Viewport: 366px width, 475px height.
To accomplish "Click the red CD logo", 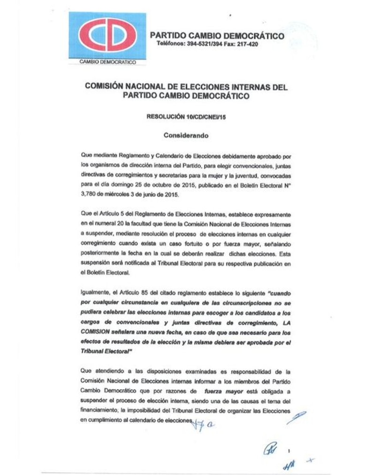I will point(107,35).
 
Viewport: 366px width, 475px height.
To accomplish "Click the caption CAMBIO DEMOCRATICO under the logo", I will point(107,62).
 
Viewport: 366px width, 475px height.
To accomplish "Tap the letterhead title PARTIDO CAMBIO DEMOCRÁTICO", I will point(217,36).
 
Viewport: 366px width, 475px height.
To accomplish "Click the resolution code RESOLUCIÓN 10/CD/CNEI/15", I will point(186,117).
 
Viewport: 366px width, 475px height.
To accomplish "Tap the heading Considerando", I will point(186,135).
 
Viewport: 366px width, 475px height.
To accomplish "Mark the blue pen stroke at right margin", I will point(297,417).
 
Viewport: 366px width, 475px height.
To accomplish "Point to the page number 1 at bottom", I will point(290,452).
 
